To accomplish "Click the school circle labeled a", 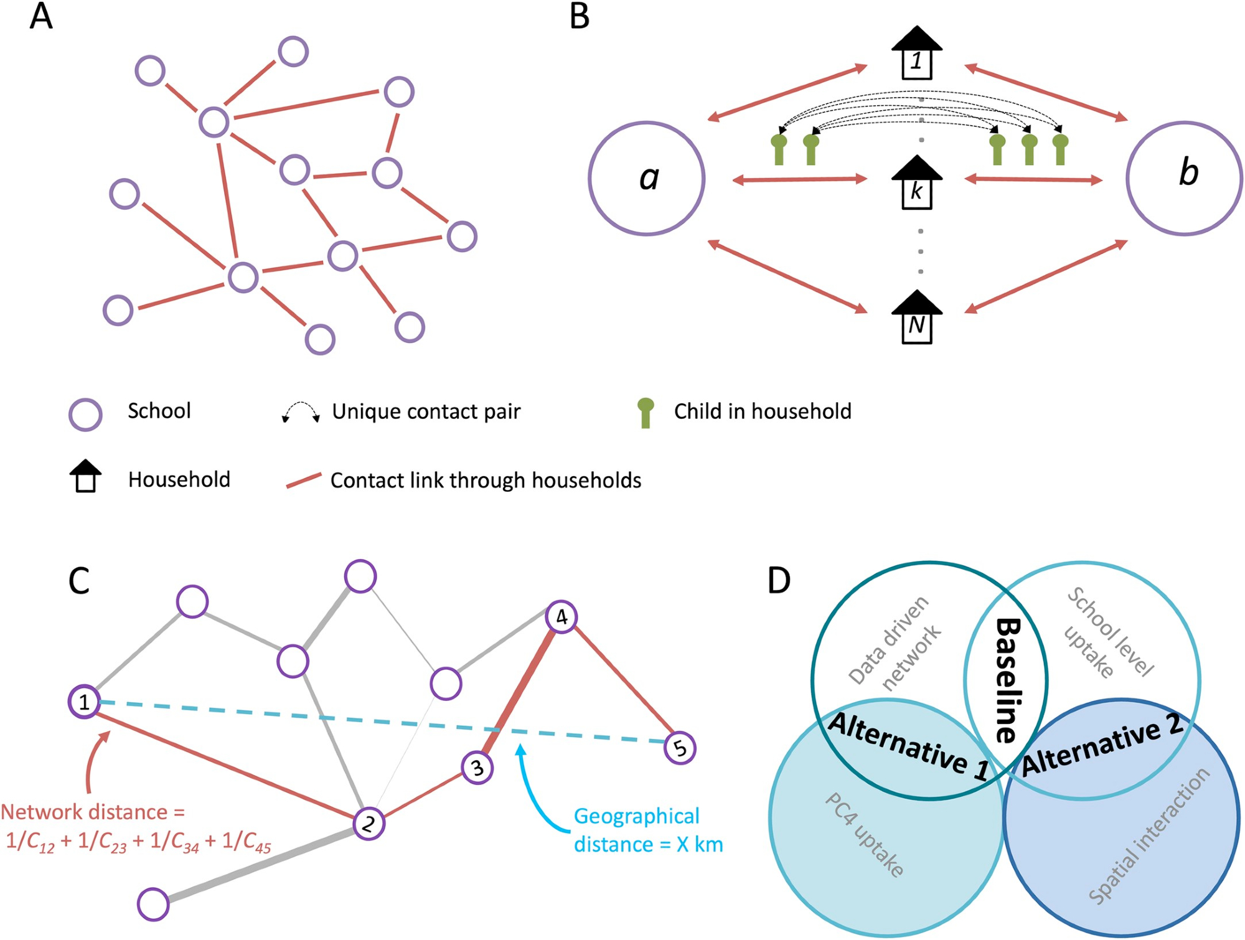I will [x=647, y=179].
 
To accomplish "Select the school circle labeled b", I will [x=1185, y=179].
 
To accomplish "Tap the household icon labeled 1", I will [x=917, y=54].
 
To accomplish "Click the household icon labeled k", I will [x=917, y=183].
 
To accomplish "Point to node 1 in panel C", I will [x=84, y=702].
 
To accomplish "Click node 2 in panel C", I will [x=369, y=824].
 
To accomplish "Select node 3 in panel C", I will [x=477, y=768].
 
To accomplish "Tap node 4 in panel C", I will [x=561, y=617].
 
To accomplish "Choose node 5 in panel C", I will [x=680, y=748].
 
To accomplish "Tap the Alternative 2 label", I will [x=1102, y=745].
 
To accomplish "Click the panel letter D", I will [x=779, y=580].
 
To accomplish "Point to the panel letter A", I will [x=41, y=16].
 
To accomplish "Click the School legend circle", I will [x=85, y=415].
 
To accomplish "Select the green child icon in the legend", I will [x=646, y=413].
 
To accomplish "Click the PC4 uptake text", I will [x=864, y=835].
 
